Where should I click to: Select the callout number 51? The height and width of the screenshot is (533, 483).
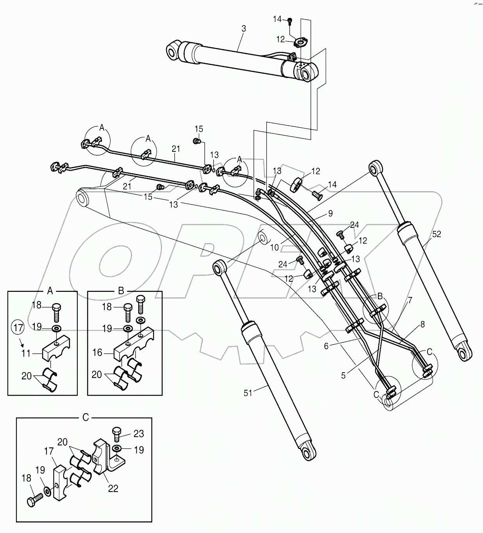click(x=248, y=393)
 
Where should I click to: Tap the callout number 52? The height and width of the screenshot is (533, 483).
click(x=437, y=234)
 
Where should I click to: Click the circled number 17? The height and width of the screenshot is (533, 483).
click(x=17, y=327)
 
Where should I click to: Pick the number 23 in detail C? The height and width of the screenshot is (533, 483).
click(x=138, y=434)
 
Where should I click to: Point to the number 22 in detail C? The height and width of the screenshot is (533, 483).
click(x=113, y=488)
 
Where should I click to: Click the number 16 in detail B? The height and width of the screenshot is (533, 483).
click(x=97, y=353)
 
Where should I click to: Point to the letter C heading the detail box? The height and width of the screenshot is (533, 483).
click(x=86, y=418)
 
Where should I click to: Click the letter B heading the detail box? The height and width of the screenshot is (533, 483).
click(x=121, y=291)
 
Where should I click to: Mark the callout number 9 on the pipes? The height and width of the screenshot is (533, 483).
click(x=330, y=213)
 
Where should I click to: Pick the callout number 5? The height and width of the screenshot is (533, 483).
click(x=343, y=375)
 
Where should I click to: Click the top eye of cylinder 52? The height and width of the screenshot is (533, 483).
click(x=376, y=167)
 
